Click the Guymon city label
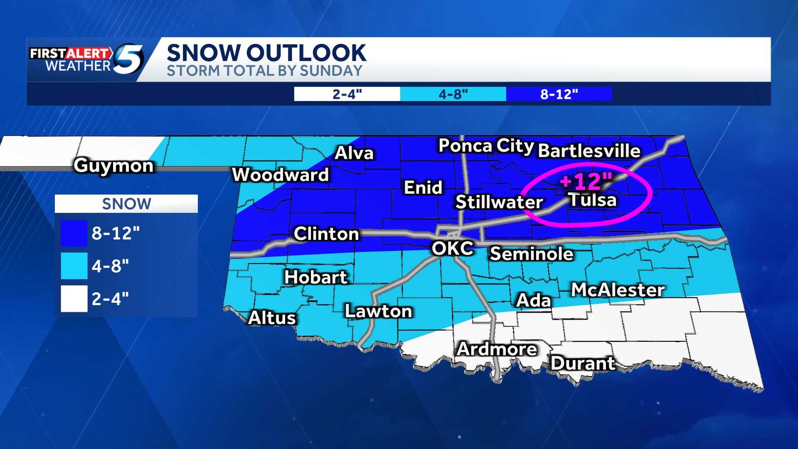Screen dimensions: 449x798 [x=114, y=165]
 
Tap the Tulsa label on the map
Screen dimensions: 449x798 [x=592, y=200]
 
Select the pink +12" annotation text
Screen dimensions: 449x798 [x=586, y=181]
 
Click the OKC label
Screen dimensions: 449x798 [x=452, y=249]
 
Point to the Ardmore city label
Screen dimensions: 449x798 [x=497, y=349]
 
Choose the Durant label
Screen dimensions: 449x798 [x=582, y=363]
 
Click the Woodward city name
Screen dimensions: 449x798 [x=281, y=175]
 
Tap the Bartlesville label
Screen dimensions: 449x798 [x=589, y=150]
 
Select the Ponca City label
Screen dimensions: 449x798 [x=486, y=146]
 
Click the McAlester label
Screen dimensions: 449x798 [x=618, y=290]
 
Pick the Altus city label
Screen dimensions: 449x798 [x=272, y=318]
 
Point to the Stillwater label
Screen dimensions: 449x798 [x=499, y=202]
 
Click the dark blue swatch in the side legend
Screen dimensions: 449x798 [x=74, y=233]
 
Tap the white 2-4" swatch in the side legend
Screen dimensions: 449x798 [x=74, y=299]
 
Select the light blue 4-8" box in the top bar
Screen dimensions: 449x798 [x=453, y=94]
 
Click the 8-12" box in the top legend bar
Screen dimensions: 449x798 [x=559, y=94]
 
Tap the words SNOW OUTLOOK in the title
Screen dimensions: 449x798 [x=266, y=53]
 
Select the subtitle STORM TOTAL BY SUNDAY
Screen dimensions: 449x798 [x=264, y=71]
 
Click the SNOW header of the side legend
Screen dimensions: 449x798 [x=126, y=204]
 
